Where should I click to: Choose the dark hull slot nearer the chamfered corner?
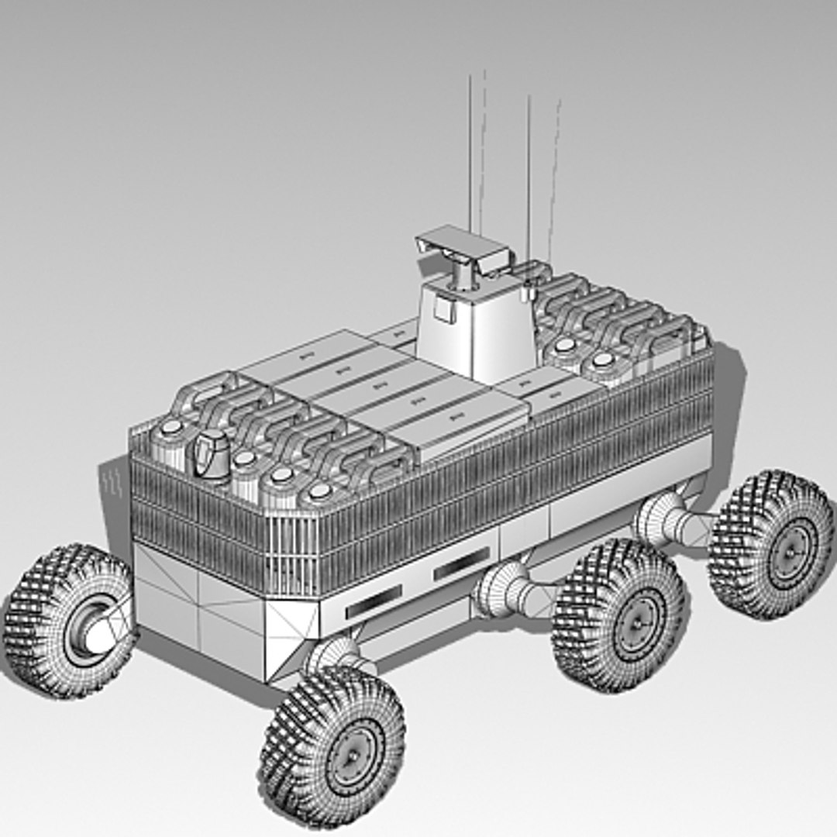click(374, 601)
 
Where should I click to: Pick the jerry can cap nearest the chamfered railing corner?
click(319, 491)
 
